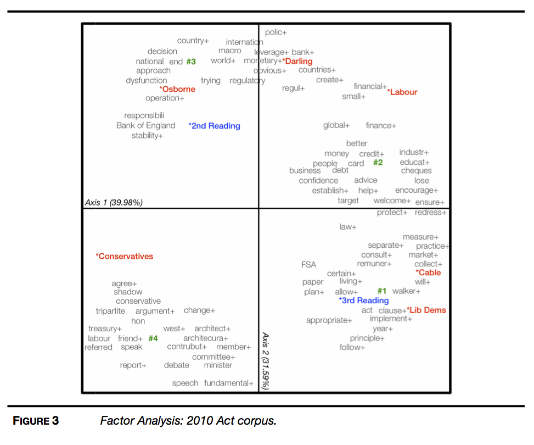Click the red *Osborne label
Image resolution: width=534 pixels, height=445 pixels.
click(x=177, y=89)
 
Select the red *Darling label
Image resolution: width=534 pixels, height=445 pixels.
click(x=297, y=61)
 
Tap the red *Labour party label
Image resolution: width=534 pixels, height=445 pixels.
click(x=402, y=92)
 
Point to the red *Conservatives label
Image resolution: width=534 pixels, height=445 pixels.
click(x=125, y=256)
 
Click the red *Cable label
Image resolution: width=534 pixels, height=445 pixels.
click(x=428, y=272)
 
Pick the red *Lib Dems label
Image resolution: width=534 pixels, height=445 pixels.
click(x=426, y=310)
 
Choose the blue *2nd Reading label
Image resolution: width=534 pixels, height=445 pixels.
click(x=214, y=126)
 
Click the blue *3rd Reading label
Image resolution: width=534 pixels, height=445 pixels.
click(x=363, y=301)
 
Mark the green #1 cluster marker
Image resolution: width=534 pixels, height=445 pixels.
click(x=382, y=291)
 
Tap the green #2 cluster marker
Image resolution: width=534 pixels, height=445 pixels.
click(x=378, y=163)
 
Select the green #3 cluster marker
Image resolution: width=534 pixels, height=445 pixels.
click(x=191, y=62)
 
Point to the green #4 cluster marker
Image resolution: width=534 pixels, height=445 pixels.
click(x=153, y=338)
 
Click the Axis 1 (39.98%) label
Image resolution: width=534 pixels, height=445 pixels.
click(x=114, y=203)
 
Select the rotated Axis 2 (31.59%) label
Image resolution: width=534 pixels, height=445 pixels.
click(x=265, y=360)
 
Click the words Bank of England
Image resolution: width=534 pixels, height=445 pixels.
click(x=145, y=125)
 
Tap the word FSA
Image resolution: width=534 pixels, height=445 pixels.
click(x=308, y=265)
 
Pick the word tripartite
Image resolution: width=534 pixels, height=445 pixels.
click(x=110, y=311)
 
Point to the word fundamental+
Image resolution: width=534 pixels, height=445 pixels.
click(x=229, y=383)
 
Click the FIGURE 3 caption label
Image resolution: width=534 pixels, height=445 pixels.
click(x=36, y=421)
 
